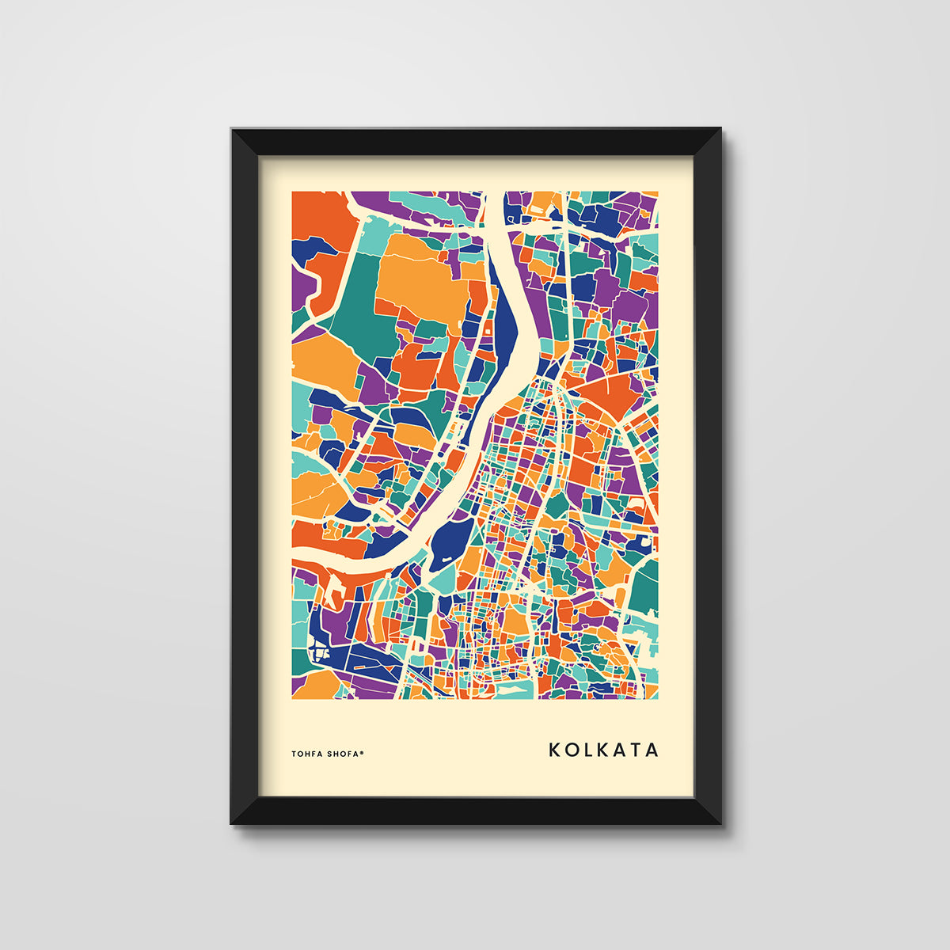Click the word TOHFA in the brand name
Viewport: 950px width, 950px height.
pos(305,754)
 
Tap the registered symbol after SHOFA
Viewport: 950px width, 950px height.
pos(363,752)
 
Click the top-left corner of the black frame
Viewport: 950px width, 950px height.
pos(233,129)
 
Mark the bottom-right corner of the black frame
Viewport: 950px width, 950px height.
pos(720,823)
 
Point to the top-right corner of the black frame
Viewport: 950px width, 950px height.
pos(720,129)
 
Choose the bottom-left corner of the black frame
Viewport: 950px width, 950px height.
pos(233,823)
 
